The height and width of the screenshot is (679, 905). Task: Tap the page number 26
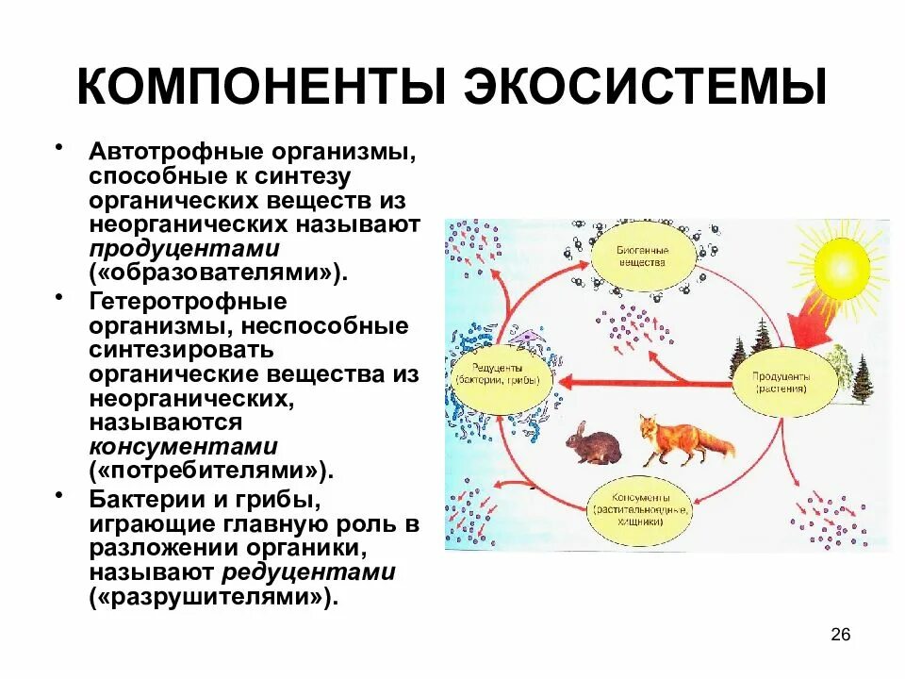coord(841,635)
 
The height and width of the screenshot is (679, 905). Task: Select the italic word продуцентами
coord(185,249)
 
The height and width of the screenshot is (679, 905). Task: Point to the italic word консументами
coord(184,446)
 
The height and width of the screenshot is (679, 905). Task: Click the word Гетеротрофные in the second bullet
coord(188,302)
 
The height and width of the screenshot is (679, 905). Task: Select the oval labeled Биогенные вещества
coord(643,255)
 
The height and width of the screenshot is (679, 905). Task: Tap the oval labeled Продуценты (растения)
coord(782,381)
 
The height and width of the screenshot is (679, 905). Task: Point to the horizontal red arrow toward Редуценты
coord(641,381)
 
